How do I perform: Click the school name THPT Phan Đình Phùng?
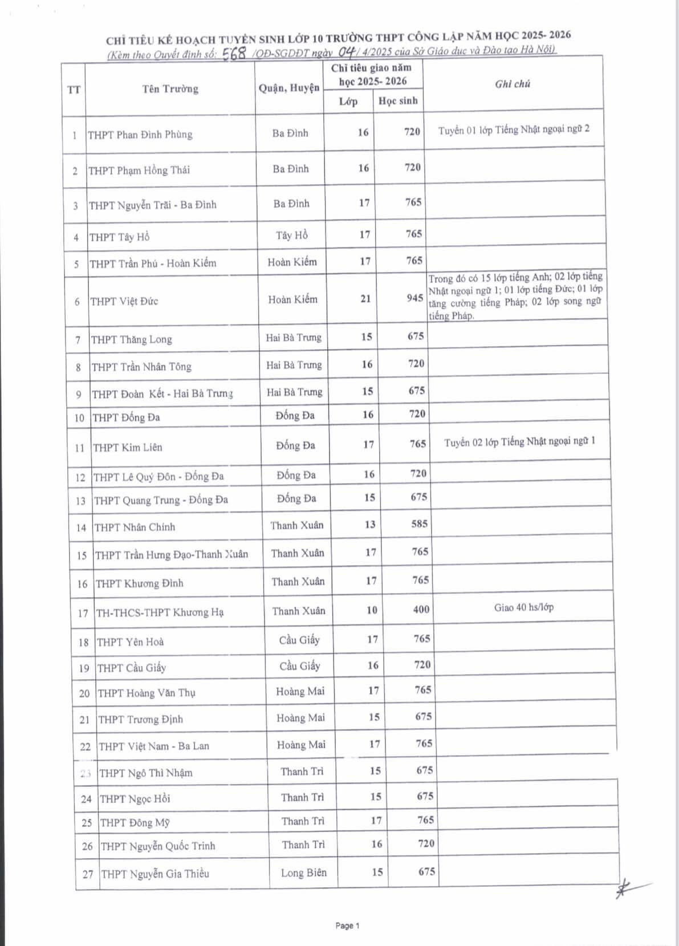(140, 135)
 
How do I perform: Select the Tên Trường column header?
(170, 89)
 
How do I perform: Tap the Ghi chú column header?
(513, 84)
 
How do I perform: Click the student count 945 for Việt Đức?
(415, 298)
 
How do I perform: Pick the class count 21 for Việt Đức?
(365, 298)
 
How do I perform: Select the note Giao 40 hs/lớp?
(524, 607)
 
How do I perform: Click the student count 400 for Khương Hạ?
(421, 610)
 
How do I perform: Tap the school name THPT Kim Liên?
(128, 448)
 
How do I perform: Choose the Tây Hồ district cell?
(292, 235)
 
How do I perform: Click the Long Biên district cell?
(304, 872)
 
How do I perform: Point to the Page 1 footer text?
(347, 925)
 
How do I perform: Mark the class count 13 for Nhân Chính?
(370, 524)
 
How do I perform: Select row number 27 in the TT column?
(87, 874)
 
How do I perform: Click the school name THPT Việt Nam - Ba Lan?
(154, 746)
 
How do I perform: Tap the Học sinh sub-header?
(398, 101)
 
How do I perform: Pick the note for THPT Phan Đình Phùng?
(514, 129)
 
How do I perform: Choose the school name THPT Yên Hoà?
(131, 642)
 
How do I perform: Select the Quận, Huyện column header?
(289, 88)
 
